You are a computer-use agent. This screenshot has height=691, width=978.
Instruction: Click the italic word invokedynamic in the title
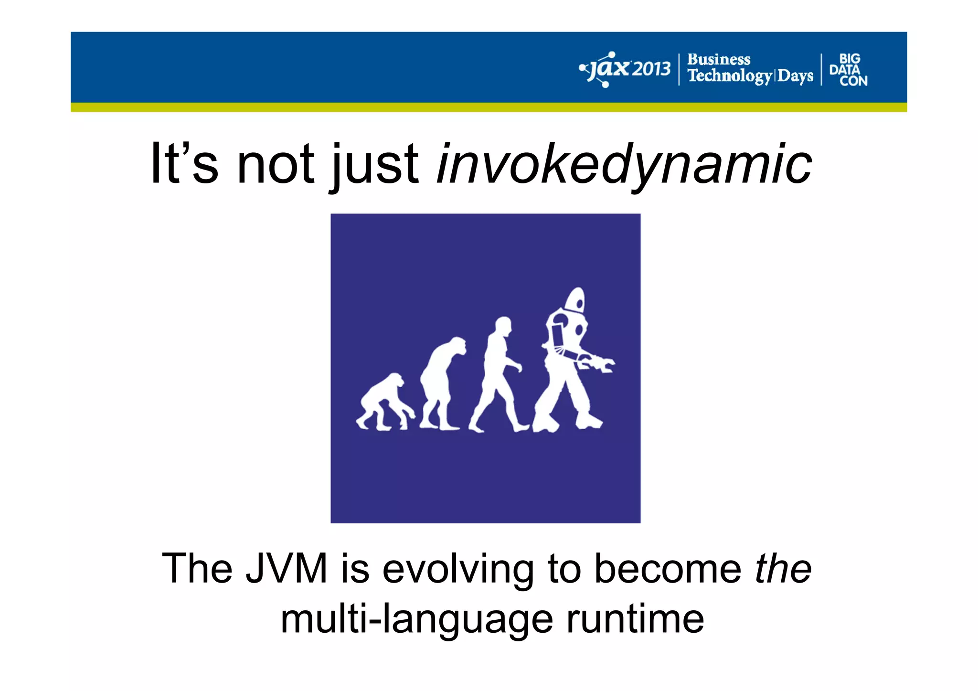click(624, 164)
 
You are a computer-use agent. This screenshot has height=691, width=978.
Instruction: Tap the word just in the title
click(375, 164)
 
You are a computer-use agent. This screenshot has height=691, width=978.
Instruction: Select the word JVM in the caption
click(286, 568)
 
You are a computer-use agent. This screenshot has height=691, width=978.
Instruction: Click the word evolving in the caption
click(458, 568)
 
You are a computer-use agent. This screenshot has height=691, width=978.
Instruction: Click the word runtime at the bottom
click(635, 619)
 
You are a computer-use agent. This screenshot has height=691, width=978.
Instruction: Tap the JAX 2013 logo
click(625, 69)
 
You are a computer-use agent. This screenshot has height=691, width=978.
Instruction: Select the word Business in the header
click(719, 60)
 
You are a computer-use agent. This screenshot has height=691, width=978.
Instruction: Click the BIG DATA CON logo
click(849, 70)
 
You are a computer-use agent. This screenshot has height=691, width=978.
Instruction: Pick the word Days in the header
click(796, 76)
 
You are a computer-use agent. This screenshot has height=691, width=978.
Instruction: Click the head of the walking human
click(503, 326)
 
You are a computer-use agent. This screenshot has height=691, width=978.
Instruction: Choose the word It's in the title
click(184, 164)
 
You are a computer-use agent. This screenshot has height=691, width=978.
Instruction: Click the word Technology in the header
click(729, 76)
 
